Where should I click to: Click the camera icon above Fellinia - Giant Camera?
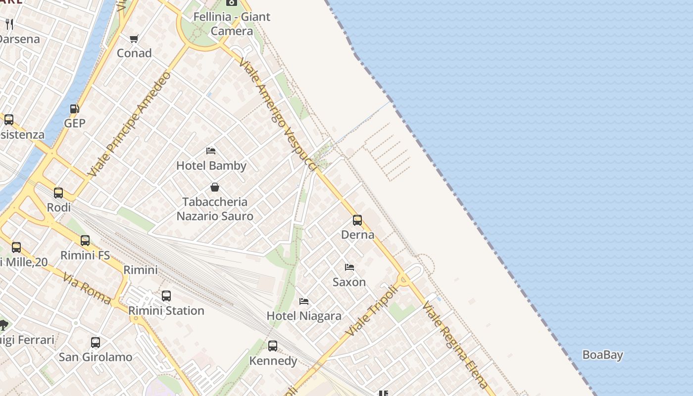(231, 2)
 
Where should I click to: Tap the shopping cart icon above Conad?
(134, 39)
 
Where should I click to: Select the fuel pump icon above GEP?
(74, 108)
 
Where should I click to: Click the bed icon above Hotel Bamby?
(211, 150)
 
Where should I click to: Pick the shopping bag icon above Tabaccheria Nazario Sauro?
(215, 187)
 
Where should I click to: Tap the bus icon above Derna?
(357, 220)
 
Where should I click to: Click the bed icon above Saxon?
(349, 267)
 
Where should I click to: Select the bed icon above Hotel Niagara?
(304, 301)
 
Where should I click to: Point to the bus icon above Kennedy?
(273, 346)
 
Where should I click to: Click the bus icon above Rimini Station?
(166, 296)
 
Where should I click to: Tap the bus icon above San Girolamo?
(96, 342)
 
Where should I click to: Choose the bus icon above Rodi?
(58, 193)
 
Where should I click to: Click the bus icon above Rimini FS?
(85, 241)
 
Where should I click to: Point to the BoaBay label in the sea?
(602, 355)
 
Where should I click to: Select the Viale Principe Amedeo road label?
(130, 124)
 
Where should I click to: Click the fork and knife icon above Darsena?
(9, 24)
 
